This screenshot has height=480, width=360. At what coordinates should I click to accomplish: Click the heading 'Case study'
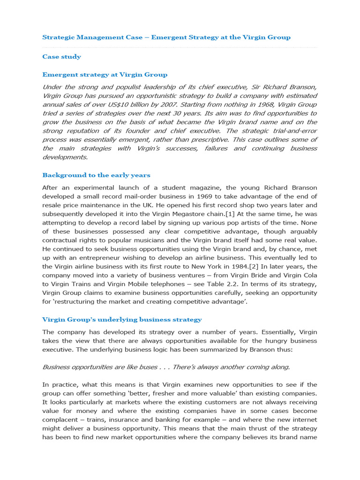(61, 57)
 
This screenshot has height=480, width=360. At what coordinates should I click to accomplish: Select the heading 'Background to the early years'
(96, 175)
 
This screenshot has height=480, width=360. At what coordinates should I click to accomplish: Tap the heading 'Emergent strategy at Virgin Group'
(105, 75)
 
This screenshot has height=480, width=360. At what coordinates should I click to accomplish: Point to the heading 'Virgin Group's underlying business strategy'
(122, 319)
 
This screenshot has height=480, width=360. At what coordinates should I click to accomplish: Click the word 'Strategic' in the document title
(57, 37)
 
